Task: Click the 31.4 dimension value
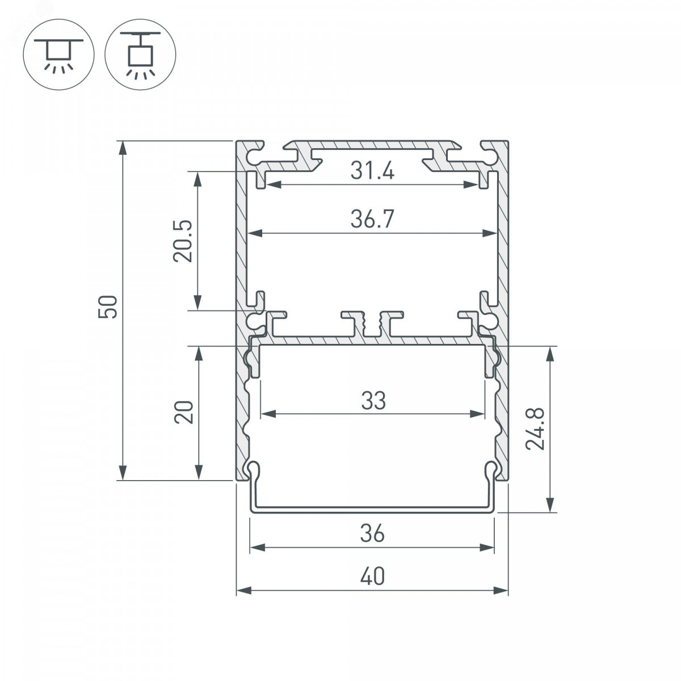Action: (372, 171)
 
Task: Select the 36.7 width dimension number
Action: (372, 219)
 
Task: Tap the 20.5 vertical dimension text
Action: (183, 241)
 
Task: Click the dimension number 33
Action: (373, 401)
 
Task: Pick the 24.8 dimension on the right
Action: (535, 428)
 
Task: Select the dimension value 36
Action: (372, 533)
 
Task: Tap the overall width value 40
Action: (372, 577)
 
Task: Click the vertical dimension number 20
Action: (184, 412)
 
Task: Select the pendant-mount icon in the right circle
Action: (140, 54)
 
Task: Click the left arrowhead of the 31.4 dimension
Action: (273, 184)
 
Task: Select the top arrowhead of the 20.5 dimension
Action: (198, 179)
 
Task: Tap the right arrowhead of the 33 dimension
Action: (477, 414)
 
